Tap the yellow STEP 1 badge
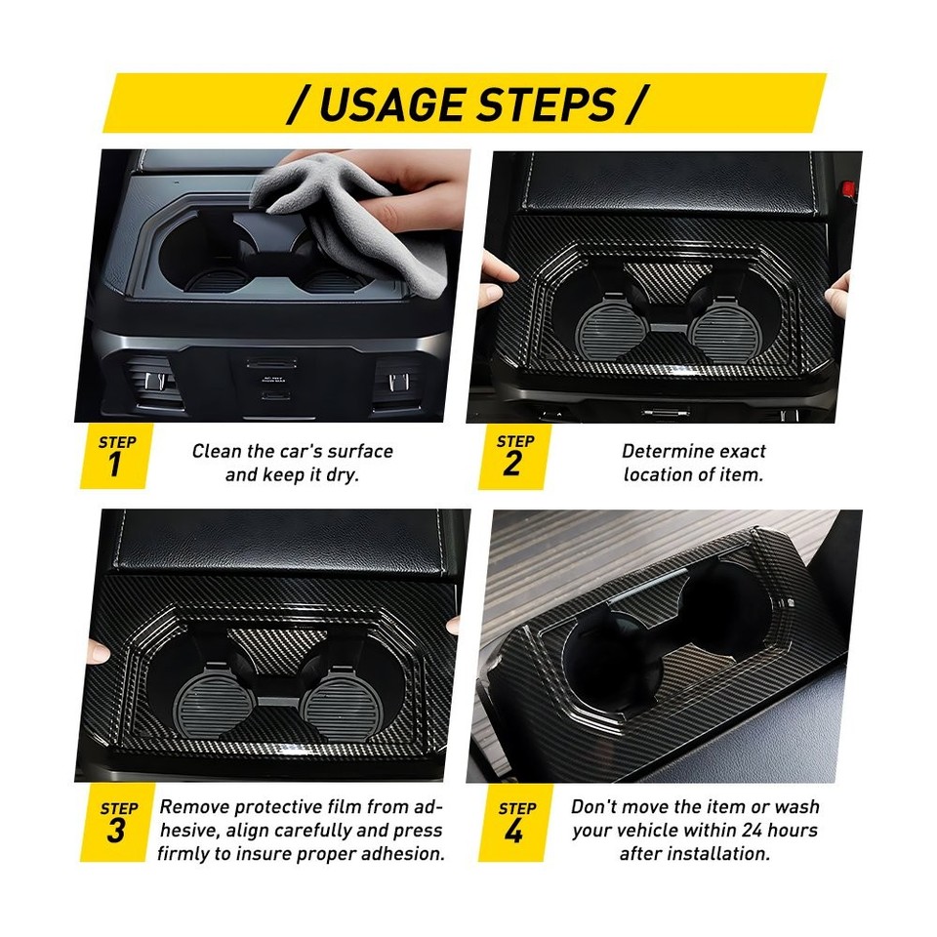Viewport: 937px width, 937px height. [x=116, y=457]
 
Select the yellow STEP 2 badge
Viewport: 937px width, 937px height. [x=513, y=457]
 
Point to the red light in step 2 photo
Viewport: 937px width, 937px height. [x=848, y=186]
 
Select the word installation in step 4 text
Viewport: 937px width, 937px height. [x=718, y=854]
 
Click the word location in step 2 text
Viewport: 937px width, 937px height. [x=662, y=475]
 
